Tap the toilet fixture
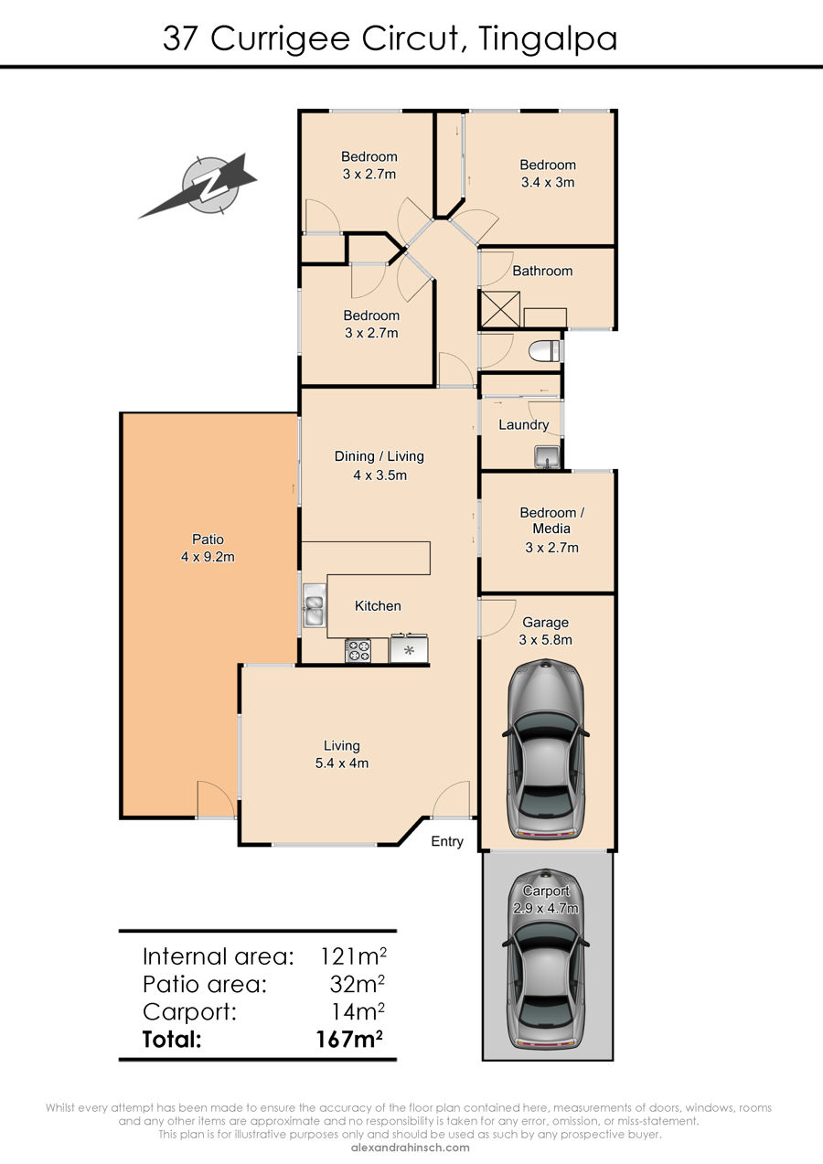coord(544,351)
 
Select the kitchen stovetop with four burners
coord(358,651)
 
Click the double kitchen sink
coord(315,605)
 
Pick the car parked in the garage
coord(546,749)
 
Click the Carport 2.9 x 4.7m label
coord(546,900)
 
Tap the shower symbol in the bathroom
coord(499,309)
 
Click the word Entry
coord(447,841)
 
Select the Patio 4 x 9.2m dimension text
coord(208,557)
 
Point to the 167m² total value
coord(349,1039)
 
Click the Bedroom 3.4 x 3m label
coord(548,174)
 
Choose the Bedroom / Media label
coord(551,520)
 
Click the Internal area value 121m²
coord(353,956)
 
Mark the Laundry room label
coord(523,424)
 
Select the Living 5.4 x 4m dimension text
coord(342,764)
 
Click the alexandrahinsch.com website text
coord(411,1148)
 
